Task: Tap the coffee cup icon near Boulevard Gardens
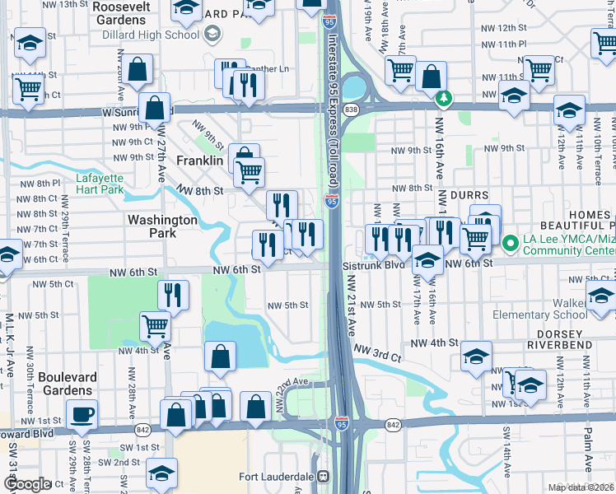click(82, 415)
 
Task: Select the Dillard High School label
click(151, 34)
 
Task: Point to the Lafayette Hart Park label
click(100, 184)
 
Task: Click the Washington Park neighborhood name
click(162, 226)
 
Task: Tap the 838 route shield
click(352, 109)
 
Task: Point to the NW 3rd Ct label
click(377, 354)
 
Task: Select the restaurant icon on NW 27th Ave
click(173, 296)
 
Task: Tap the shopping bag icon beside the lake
click(220, 357)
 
